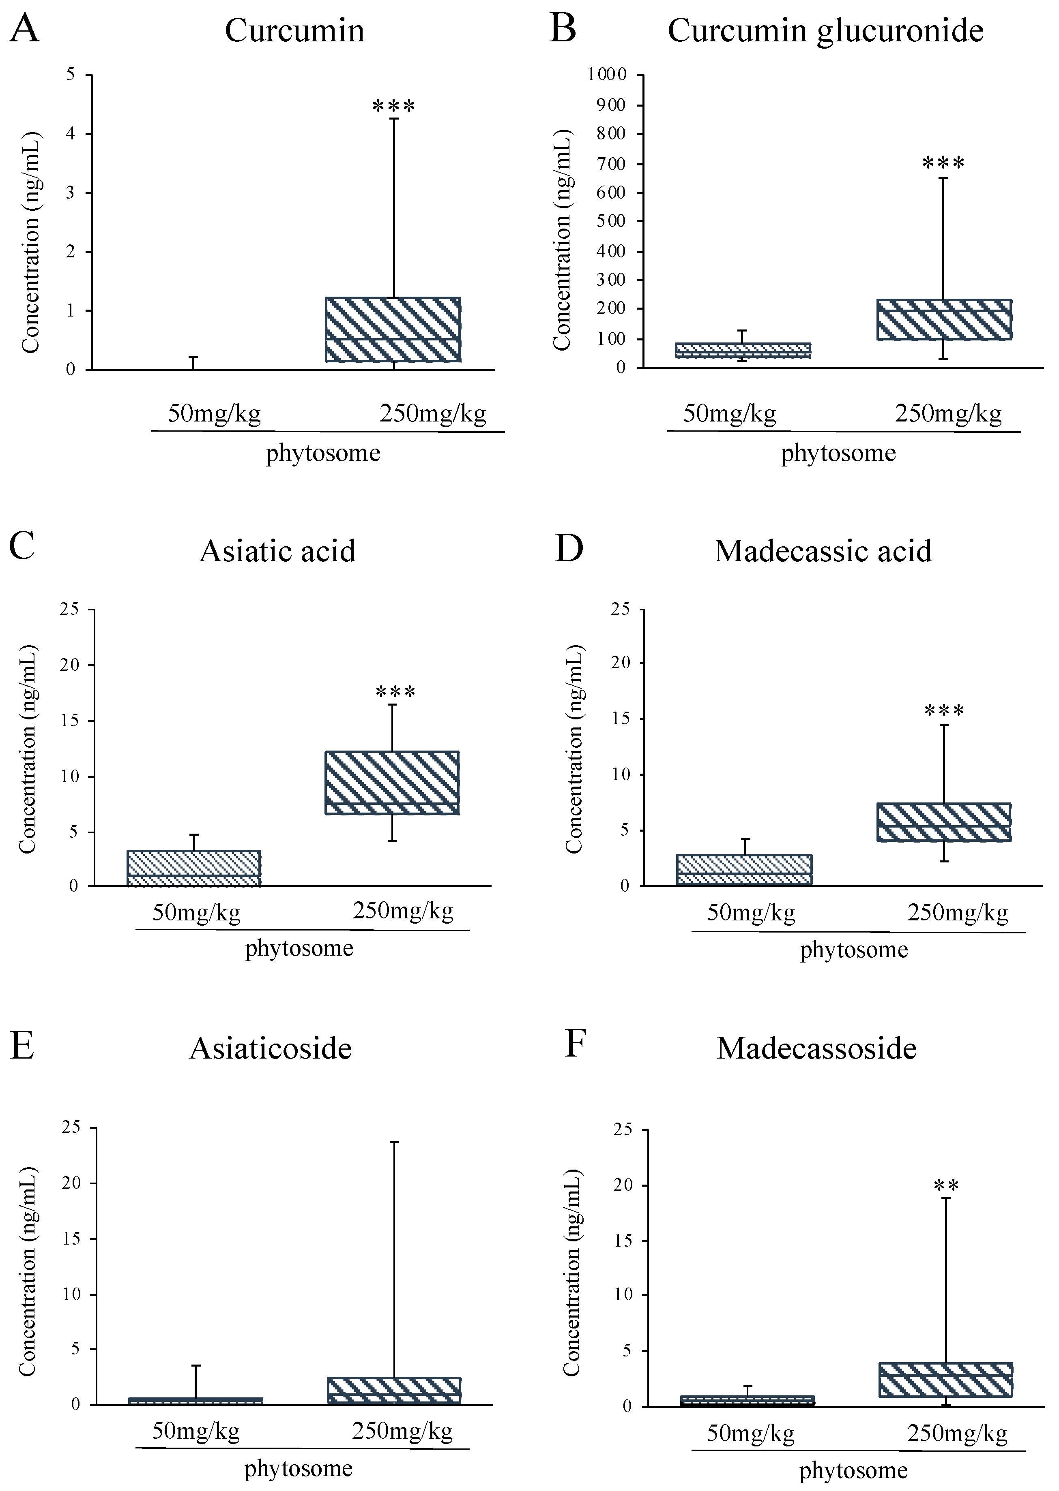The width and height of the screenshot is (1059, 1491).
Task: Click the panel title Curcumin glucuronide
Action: tap(825, 31)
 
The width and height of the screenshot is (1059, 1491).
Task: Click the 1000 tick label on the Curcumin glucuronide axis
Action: tap(606, 74)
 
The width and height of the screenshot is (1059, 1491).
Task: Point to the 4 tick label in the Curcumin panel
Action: tap(71, 134)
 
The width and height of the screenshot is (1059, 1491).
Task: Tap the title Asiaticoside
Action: tap(270, 1048)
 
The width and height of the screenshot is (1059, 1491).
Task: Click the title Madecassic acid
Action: tap(823, 551)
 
